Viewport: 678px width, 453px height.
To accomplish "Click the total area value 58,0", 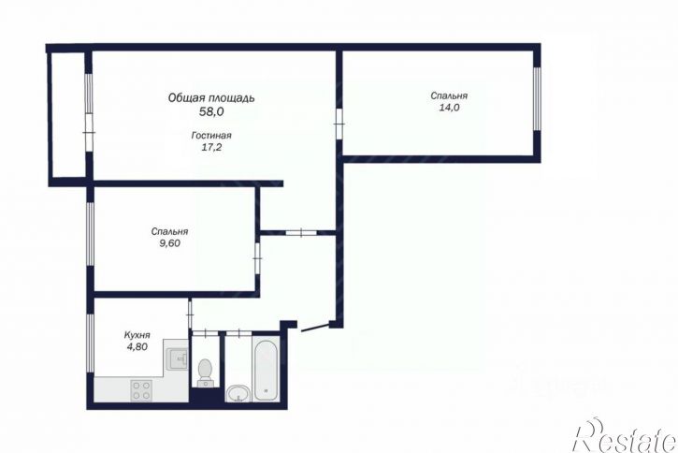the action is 211,111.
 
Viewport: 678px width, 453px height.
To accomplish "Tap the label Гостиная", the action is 211,136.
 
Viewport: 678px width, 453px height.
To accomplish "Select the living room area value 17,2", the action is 211,147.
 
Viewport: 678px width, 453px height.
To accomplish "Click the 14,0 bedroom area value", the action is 449,108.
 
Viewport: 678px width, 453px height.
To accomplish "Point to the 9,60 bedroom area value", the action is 169,243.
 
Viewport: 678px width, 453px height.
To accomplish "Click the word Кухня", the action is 137,335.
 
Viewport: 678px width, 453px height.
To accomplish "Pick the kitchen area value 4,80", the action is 137,346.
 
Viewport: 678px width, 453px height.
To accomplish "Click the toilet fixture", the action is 205,373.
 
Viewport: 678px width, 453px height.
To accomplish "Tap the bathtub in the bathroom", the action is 266,369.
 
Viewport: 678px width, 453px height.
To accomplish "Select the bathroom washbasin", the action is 238,394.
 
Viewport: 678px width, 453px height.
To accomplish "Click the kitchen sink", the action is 178,358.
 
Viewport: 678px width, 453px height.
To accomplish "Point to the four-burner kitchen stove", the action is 141,389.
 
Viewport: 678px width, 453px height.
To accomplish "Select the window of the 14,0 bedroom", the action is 537,98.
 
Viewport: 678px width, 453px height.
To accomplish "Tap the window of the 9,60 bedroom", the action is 90,234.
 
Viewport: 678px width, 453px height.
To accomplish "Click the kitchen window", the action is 90,343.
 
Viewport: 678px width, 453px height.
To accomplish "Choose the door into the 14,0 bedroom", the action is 339,124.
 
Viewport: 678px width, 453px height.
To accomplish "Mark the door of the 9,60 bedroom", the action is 257,258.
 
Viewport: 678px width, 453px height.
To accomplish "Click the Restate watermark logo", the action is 625,436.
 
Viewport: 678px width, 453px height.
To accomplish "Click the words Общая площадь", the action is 211,98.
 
